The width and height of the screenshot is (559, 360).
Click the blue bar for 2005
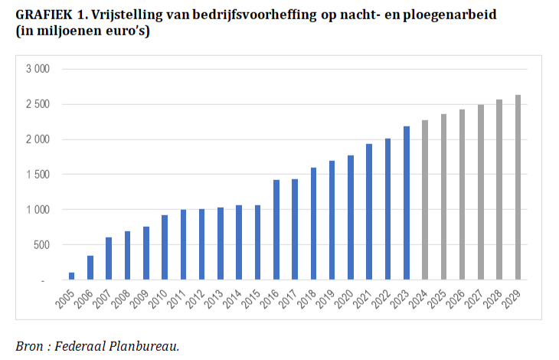point(72,277)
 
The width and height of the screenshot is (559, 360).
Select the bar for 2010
point(165,248)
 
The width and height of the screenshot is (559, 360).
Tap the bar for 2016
point(276,231)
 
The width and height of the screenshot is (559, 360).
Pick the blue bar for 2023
point(407,204)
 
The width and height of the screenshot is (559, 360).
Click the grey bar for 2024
point(425,201)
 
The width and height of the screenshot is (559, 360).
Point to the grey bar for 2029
point(518,188)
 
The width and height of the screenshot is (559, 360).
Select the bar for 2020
point(351,218)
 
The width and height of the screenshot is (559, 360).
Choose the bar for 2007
point(109,259)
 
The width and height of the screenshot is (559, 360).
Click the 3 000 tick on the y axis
point(38,69)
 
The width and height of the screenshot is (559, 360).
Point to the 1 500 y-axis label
point(38,175)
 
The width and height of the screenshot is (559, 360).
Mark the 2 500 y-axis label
point(38,104)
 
